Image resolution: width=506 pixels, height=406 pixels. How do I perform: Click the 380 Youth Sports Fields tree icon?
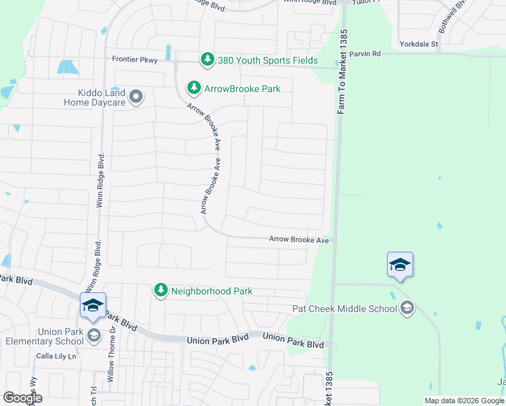tap(208, 60)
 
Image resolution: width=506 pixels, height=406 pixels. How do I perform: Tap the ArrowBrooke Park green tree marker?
tap(194, 88)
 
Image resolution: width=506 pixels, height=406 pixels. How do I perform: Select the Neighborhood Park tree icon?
tap(161, 290)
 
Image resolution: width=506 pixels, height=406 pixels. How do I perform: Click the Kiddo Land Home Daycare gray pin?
tap(136, 97)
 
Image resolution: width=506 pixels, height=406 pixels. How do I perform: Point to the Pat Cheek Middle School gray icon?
tap(407, 309)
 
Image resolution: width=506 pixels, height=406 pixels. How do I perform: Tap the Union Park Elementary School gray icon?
tap(93, 335)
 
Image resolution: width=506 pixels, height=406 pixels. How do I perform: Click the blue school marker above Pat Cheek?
tap(400, 264)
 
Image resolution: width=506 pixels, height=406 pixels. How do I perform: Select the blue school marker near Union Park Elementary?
tap(93, 304)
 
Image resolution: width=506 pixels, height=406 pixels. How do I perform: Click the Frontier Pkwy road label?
tap(135, 60)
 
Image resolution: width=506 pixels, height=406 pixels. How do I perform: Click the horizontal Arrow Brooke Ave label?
tap(299, 240)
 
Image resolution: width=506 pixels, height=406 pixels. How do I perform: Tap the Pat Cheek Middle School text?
tap(344, 309)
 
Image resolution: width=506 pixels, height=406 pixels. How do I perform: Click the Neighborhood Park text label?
tap(212, 291)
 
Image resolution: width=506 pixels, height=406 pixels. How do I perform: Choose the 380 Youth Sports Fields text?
tap(267, 61)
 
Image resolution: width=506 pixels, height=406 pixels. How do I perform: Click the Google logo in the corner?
tap(22, 398)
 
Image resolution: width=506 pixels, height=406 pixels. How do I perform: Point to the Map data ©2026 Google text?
tap(463, 401)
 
